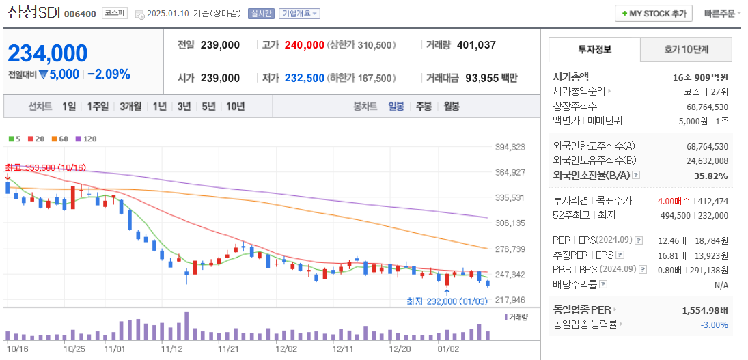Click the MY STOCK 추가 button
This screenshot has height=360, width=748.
pyautogui.click(x=654, y=14)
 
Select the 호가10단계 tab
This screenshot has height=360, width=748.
pyautogui.click(x=686, y=50)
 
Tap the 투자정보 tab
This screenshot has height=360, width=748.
pyautogui.click(x=594, y=50)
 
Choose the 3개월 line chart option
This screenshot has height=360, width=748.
pyautogui.click(x=130, y=107)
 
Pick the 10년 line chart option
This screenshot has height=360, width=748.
pyautogui.click(x=235, y=107)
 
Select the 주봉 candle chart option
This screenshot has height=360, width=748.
pyautogui.click(x=424, y=107)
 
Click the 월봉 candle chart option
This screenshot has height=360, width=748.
pyautogui.click(x=451, y=107)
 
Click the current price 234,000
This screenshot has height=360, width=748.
pyautogui.click(x=48, y=53)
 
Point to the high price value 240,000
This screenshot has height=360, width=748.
pyautogui.click(x=304, y=45)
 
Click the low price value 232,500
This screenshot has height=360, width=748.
pyautogui.click(x=304, y=79)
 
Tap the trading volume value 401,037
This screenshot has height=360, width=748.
pyautogui.click(x=475, y=45)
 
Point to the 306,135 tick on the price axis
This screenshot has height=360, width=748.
pyautogui.click(x=510, y=223)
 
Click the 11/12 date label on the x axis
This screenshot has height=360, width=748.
pyautogui.click(x=171, y=348)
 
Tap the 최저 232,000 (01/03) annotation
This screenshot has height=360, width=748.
pyautogui.click(x=447, y=301)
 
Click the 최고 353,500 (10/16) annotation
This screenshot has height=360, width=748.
pyautogui.click(x=45, y=167)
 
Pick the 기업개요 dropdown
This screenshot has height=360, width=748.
pyautogui.click(x=299, y=14)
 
